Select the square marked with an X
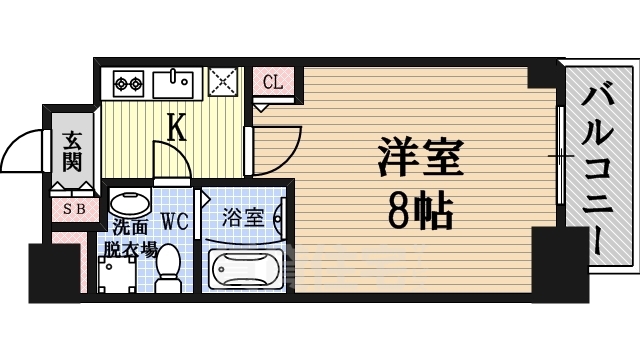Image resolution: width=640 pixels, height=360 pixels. (x=222, y=81)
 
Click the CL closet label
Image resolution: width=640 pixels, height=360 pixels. (x=273, y=83)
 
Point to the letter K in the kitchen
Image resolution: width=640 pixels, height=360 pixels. (x=176, y=127)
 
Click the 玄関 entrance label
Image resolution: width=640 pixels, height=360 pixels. (x=71, y=150)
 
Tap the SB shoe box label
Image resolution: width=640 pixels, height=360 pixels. (x=74, y=209)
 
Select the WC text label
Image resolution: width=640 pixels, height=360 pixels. (x=173, y=219)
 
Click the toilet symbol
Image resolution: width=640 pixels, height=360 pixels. (x=168, y=268)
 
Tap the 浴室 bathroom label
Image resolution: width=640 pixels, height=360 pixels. (x=244, y=216)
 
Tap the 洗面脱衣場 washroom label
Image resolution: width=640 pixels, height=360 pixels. (x=128, y=237)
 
